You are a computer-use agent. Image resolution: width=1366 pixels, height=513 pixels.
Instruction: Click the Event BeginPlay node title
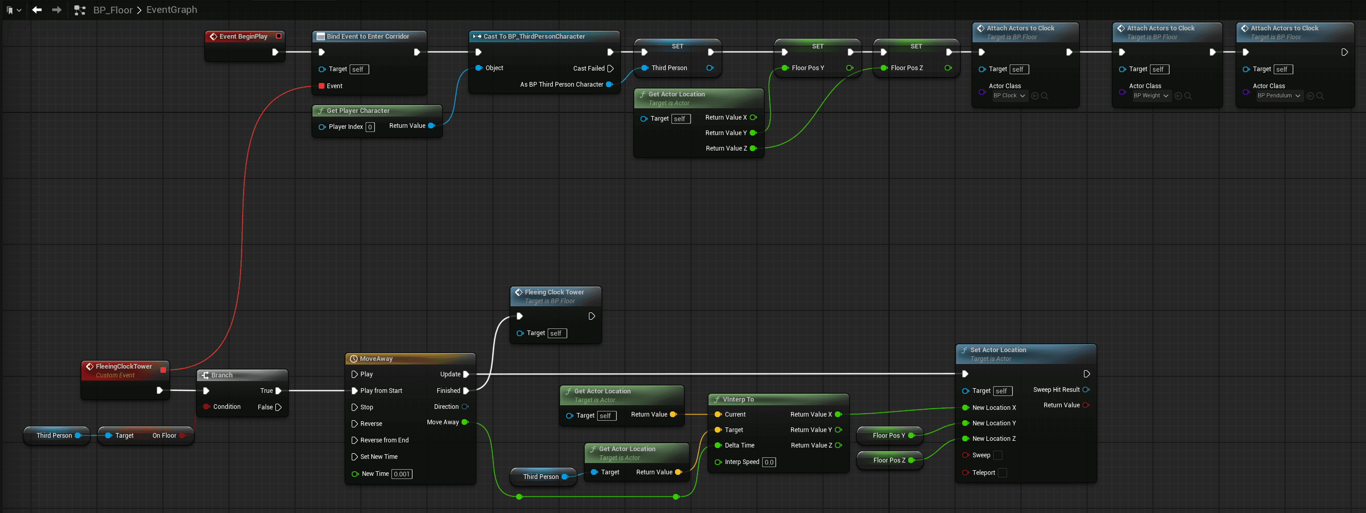[243, 37]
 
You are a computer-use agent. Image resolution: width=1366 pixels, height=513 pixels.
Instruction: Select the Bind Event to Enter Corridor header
[368, 37]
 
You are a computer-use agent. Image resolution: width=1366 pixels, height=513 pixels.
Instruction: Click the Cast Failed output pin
[611, 69]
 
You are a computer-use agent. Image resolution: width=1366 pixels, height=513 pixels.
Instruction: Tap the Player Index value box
[370, 127]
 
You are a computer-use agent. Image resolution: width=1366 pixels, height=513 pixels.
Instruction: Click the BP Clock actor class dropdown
[1009, 96]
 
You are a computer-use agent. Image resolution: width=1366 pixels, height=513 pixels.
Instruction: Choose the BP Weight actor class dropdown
[1150, 96]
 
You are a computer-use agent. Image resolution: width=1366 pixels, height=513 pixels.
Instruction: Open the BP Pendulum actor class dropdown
[1278, 96]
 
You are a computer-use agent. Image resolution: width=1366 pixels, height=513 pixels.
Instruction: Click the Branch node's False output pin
[278, 407]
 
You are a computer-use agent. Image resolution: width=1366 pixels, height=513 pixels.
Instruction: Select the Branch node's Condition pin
[206, 406]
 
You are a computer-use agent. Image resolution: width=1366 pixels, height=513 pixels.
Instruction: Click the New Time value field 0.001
[402, 474]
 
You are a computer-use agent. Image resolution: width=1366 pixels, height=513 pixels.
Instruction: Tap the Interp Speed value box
[769, 462]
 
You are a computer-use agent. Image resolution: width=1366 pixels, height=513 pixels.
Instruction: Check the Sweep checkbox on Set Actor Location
[997, 455]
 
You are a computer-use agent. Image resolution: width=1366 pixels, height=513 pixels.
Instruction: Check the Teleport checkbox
[1002, 473]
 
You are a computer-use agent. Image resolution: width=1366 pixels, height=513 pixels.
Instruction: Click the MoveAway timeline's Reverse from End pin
[354, 440]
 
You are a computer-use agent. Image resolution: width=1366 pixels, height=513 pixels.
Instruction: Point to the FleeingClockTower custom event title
[124, 366]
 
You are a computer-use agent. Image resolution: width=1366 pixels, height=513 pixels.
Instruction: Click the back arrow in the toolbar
[37, 10]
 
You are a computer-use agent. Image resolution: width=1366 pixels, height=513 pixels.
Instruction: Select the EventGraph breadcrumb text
[172, 10]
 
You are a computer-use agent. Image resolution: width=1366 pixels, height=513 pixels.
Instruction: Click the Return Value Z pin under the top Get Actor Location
[753, 148]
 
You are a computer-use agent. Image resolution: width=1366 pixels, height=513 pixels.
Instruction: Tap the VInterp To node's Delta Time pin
[718, 445]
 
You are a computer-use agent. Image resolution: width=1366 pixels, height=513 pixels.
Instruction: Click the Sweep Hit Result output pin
[1086, 390]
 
